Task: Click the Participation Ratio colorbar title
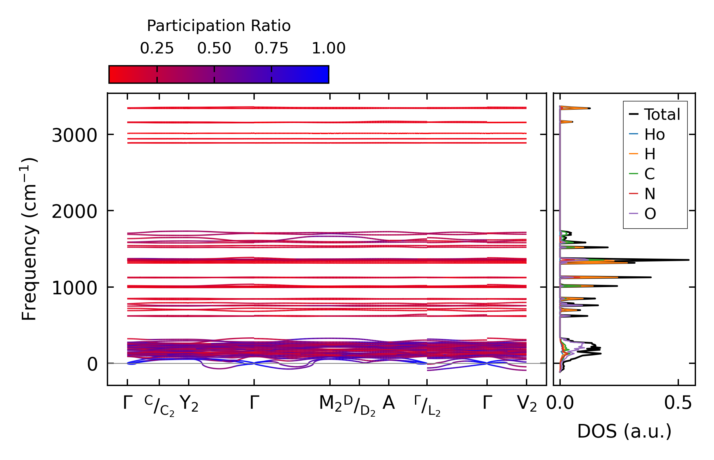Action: click(219, 26)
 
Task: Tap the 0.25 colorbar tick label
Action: click(157, 48)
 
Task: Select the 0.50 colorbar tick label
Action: click(214, 48)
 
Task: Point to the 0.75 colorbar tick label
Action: click(271, 48)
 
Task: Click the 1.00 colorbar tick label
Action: click(328, 48)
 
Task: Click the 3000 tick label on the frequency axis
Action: click(74, 136)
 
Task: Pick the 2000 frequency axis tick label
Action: click(74, 212)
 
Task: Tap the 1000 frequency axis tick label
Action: click(74, 288)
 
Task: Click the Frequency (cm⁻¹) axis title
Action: click(29, 239)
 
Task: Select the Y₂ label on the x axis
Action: click(189, 404)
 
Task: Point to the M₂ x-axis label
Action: click(330, 404)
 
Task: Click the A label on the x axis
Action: click(389, 403)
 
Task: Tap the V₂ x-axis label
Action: click(527, 404)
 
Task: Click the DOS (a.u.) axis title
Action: click(624, 432)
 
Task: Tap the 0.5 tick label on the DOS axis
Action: click(678, 403)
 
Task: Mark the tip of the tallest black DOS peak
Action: click(689, 260)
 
